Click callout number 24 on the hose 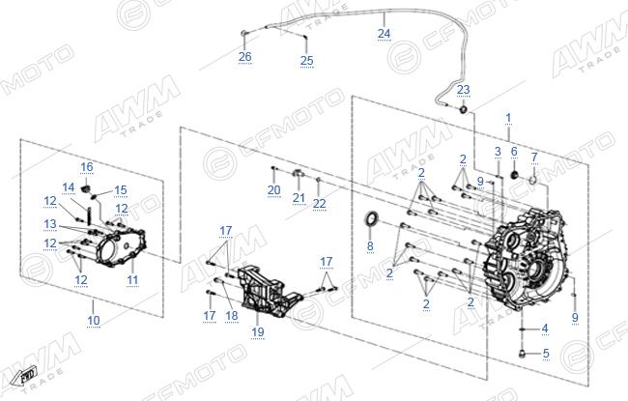tap(384, 34)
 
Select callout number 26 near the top tap(244, 57)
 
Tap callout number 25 tap(307, 61)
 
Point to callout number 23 tap(463, 90)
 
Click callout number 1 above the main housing tap(508, 118)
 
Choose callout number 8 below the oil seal tap(370, 245)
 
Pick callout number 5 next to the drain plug tap(546, 354)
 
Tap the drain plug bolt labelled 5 tap(522, 354)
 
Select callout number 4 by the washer tap(545, 329)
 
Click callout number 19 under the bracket tap(258, 331)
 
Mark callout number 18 tap(232, 316)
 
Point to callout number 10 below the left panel tap(94, 321)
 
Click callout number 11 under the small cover tap(132, 279)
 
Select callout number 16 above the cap tap(87, 167)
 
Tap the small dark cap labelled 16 tap(85, 188)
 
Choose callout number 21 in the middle tap(299, 197)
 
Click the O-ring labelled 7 tap(532, 179)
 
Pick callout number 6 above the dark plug tap(514, 152)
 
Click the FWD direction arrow tap(23, 376)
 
